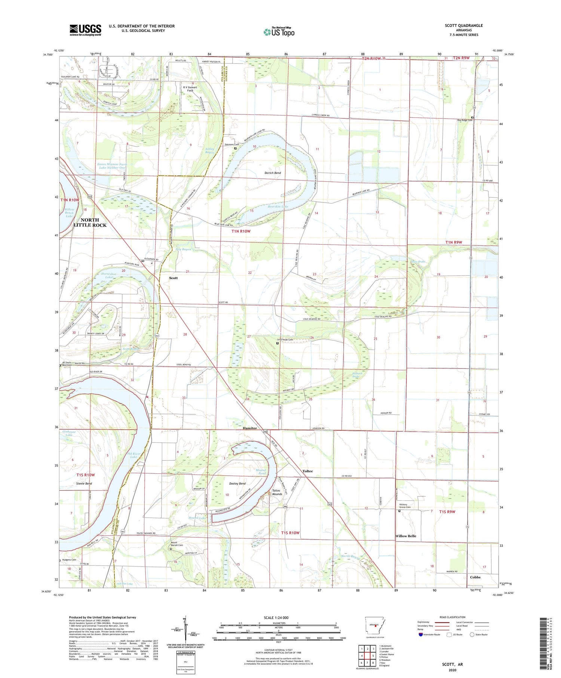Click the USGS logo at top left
tap(85, 30)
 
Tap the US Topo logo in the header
tap(279, 32)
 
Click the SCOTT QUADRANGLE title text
tap(463, 25)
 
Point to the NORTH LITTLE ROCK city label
tap(90, 223)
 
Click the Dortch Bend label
tap(273, 173)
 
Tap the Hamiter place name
tap(250, 428)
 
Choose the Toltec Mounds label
tap(277, 492)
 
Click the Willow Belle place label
tap(405, 536)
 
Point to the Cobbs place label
tap(475, 577)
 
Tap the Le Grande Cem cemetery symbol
tap(277, 343)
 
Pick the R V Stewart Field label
tap(190, 89)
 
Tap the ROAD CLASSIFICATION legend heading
tap(453, 617)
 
